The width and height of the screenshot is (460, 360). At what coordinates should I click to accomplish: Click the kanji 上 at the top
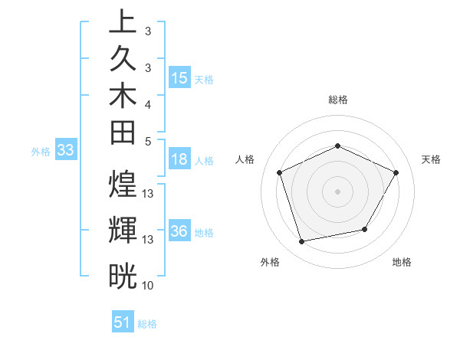[x=123, y=22]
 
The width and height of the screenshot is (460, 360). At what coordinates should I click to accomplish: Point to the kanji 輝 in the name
[x=123, y=231]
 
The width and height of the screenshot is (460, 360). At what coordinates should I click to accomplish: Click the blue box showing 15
[x=179, y=77]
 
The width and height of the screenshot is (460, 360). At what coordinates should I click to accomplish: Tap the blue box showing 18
[x=179, y=160]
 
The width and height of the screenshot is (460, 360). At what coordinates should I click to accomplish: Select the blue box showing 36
[x=179, y=232]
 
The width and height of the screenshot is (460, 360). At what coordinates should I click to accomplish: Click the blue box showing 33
[x=65, y=151]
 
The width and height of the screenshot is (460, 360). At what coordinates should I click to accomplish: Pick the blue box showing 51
[x=123, y=322]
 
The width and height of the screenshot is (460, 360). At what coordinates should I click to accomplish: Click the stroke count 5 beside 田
[x=147, y=141]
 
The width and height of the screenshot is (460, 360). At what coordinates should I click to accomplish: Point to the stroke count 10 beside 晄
[x=148, y=285]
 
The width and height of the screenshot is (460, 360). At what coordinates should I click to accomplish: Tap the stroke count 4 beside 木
[x=147, y=103]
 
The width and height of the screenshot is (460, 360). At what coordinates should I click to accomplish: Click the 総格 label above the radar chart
[x=338, y=100]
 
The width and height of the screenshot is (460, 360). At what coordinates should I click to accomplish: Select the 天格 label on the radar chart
[x=431, y=159]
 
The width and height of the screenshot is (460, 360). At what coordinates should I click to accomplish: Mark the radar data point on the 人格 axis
[x=280, y=172]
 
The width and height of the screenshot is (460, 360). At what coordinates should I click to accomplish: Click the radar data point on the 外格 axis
[x=302, y=241]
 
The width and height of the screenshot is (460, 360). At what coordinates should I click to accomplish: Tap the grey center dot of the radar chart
[x=338, y=191]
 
